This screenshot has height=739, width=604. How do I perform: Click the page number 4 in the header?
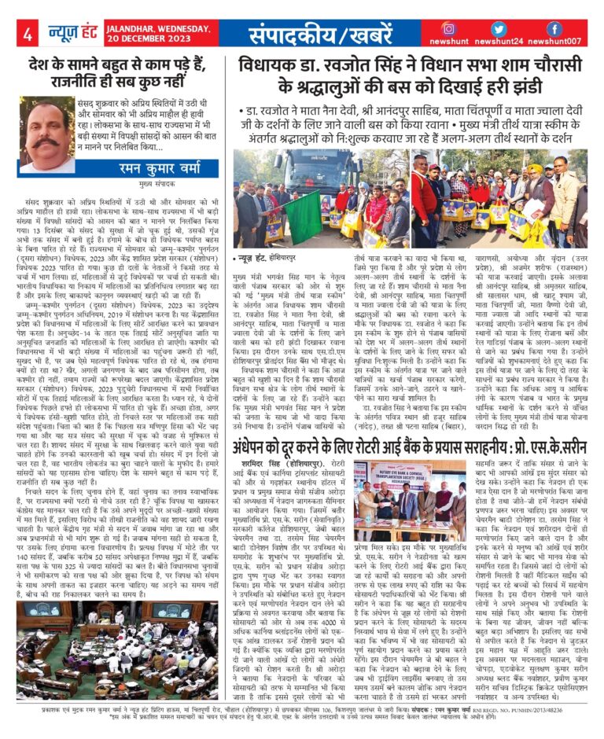(28, 33)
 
